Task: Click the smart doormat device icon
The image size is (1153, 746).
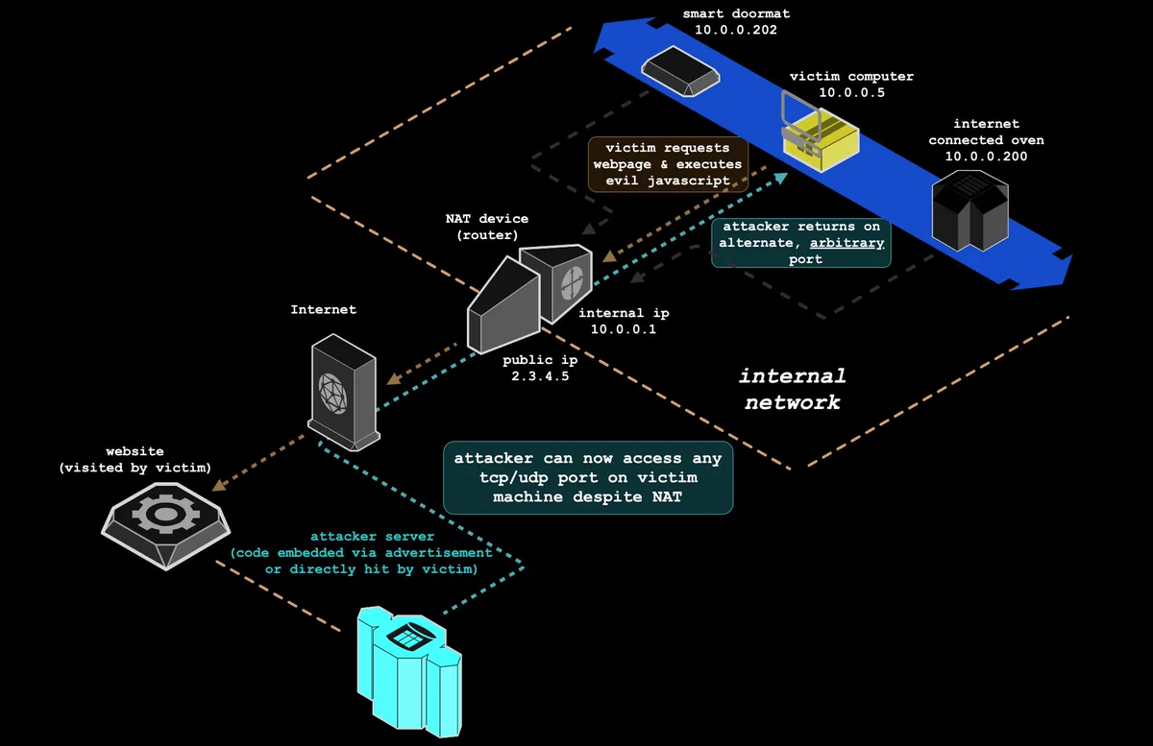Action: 680,71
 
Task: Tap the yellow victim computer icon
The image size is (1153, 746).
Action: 820,132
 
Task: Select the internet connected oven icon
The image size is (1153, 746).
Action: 970,210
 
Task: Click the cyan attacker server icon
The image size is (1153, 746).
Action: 409,672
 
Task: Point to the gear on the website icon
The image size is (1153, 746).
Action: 165,513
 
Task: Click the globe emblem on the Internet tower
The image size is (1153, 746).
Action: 332,393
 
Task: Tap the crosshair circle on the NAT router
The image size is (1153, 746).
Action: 572,282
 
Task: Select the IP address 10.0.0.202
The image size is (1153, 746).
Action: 736,30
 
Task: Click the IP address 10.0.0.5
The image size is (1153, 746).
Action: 852,92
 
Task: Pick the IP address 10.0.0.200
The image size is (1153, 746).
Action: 986,156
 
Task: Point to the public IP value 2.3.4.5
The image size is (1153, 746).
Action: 540,376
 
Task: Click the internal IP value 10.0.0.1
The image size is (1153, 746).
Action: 624,329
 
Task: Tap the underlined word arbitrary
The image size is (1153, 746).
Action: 846,242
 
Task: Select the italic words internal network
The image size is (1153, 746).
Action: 793,389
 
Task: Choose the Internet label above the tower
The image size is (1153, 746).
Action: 323,309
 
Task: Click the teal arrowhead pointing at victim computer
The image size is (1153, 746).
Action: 781,178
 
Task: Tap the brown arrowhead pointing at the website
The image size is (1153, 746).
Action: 220,484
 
